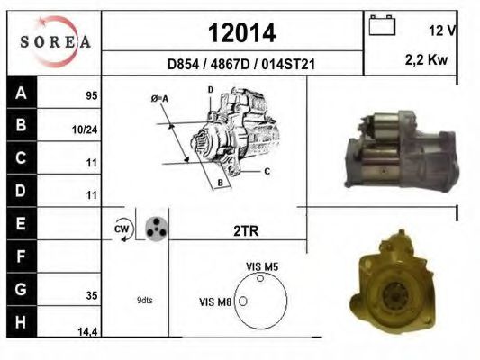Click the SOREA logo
pos(56,42)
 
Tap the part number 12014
pos(242,33)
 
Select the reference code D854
pos(183,65)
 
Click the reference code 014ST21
pos(288,65)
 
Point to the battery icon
pos(382,25)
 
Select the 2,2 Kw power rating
pos(427,60)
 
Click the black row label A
pos(22,93)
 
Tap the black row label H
pos(22,322)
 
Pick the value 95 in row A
pos(92,96)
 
